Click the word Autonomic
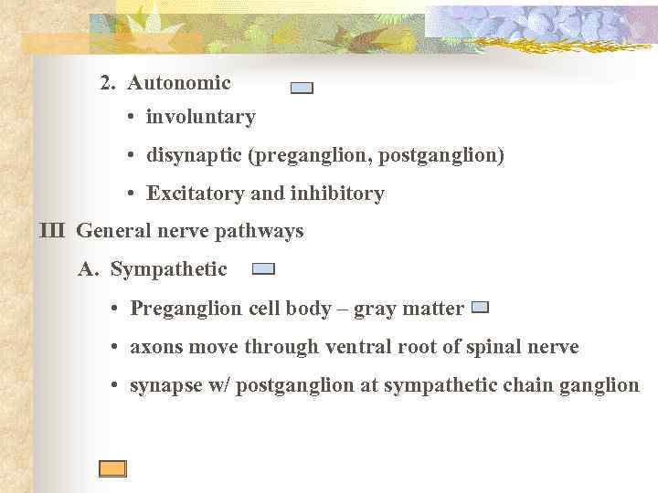(x=179, y=83)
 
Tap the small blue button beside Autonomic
(x=302, y=89)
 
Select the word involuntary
(x=200, y=117)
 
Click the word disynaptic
(x=193, y=155)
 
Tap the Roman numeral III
(x=53, y=232)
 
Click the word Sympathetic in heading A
(x=169, y=269)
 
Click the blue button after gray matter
(x=480, y=309)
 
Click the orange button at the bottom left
(x=112, y=468)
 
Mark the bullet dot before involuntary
(x=133, y=118)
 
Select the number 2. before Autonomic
(x=108, y=83)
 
